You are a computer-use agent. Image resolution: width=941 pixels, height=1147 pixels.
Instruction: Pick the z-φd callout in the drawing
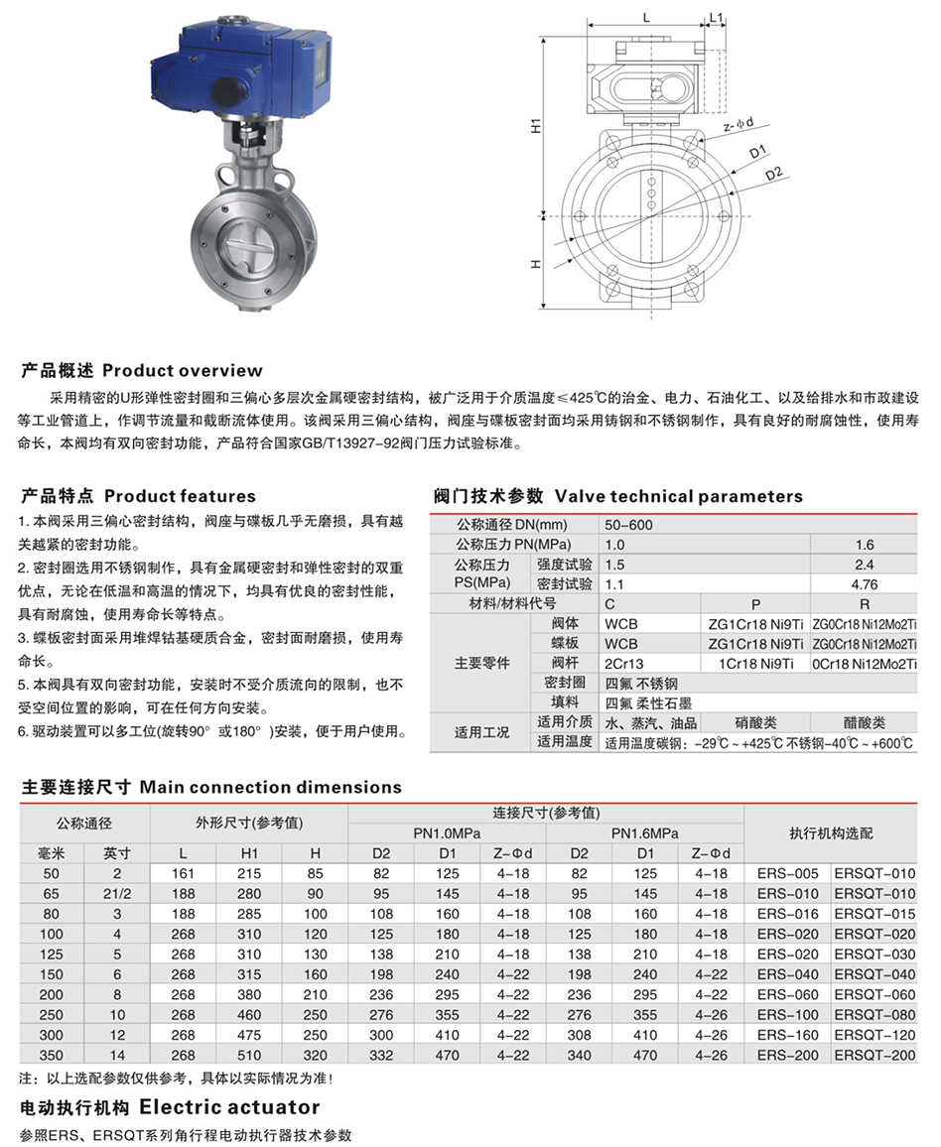[x=739, y=125]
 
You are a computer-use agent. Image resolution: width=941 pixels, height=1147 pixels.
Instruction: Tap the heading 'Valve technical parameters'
[x=678, y=496]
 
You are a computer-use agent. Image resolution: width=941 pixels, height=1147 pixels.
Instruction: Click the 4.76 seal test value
[x=864, y=584]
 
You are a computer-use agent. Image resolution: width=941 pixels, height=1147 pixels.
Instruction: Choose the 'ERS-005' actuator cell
[x=787, y=873]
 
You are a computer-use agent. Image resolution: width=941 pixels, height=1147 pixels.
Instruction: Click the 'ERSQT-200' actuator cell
[x=874, y=1056]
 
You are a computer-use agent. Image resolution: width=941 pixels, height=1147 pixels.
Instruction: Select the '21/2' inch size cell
[x=116, y=894]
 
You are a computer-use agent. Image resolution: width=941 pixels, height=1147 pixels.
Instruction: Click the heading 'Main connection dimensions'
[x=270, y=787]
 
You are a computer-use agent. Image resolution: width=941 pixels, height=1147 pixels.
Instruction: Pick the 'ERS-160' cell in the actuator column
[x=787, y=1035]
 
